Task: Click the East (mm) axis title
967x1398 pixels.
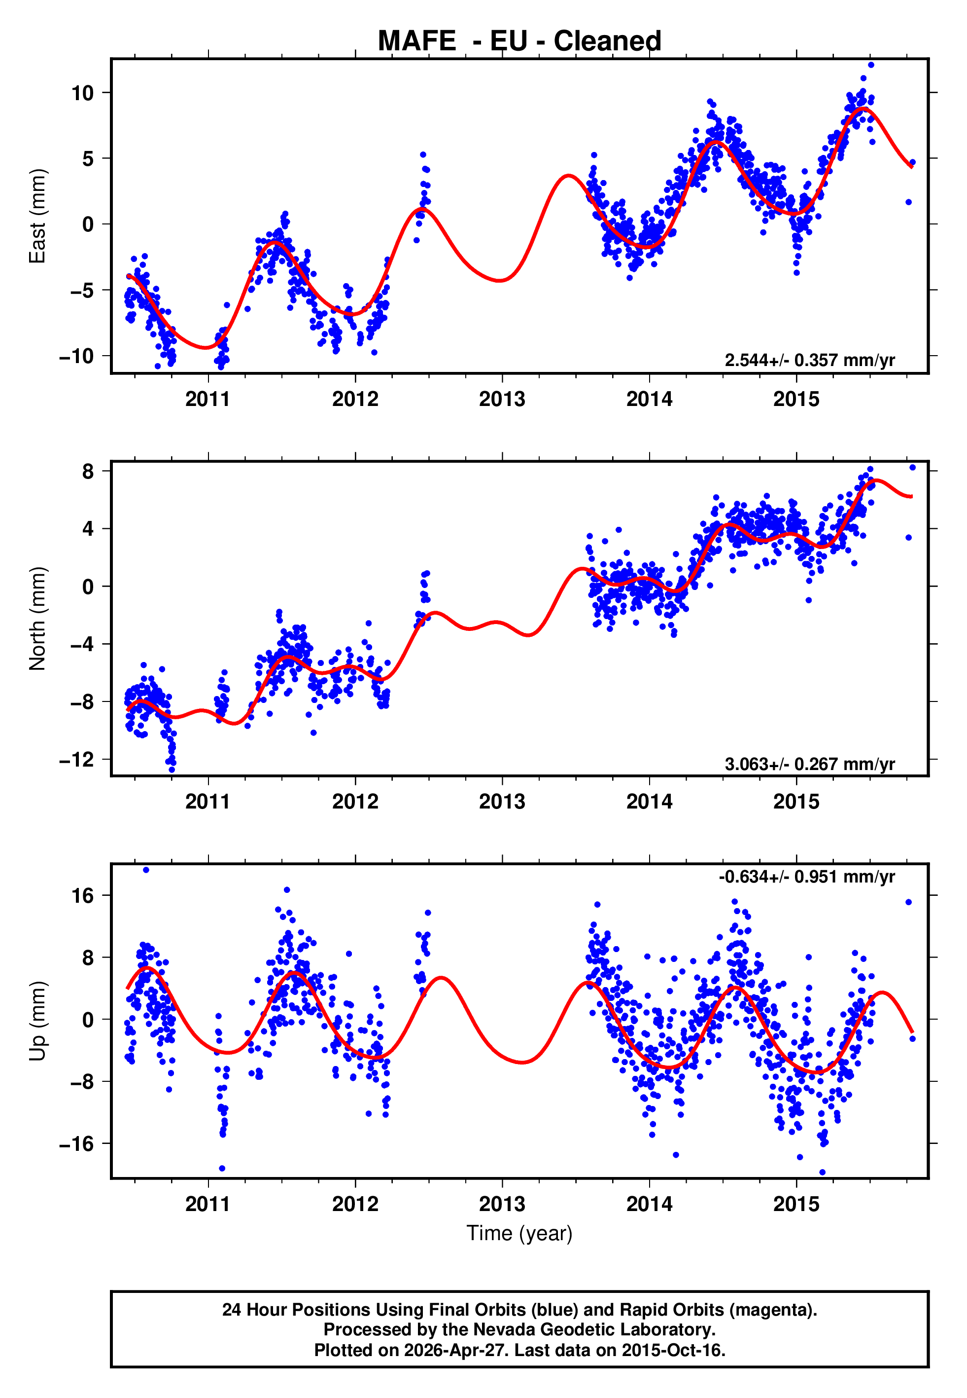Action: (x=37, y=216)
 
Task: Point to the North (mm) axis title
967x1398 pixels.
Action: (x=37, y=619)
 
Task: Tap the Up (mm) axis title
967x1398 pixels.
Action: (x=37, y=1021)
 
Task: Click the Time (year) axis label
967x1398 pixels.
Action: (x=519, y=1234)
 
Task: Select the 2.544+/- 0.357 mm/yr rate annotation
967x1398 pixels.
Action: (x=809, y=360)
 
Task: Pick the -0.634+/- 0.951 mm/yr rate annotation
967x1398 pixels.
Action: (x=806, y=877)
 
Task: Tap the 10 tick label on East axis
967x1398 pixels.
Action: (x=82, y=93)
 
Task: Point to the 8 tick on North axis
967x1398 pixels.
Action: (x=88, y=471)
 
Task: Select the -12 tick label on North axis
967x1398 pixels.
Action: (x=77, y=759)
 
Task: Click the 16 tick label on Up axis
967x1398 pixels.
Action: (x=82, y=895)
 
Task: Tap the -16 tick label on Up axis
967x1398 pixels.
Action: (x=77, y=1144)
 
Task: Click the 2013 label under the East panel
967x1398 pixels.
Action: (x=502, y=399)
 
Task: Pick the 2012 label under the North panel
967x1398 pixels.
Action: (x=355, y=802)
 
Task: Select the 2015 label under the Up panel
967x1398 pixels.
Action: (x=796, y=1204)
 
